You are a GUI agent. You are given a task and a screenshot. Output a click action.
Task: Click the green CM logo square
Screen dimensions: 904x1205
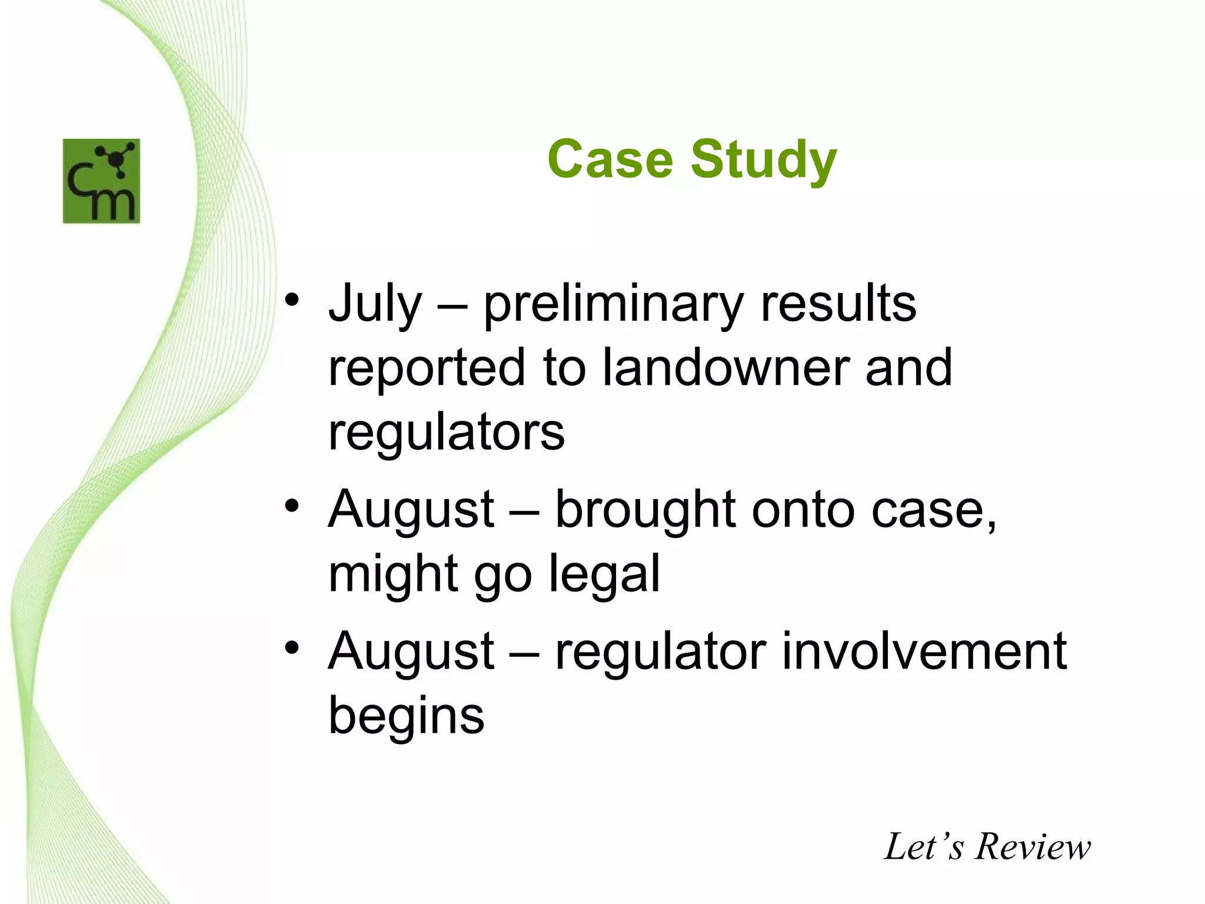pos(101,181)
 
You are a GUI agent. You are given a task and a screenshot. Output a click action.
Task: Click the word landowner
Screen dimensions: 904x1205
pos(725,368)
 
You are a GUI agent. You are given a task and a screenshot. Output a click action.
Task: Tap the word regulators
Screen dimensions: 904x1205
pos(446,433)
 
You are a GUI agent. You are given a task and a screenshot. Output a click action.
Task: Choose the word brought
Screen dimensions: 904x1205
pos(645,510)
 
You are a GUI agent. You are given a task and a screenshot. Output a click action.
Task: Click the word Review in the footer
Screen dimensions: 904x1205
pos(1033,847)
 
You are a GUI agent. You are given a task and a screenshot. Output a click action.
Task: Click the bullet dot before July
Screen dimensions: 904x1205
pos(292,301)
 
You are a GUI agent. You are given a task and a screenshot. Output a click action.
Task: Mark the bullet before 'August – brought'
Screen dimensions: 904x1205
pos(292,506)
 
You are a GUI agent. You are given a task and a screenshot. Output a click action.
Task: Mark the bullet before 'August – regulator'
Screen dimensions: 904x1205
pos(292,647)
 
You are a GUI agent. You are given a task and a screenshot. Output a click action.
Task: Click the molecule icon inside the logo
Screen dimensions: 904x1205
pos(117,159)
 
